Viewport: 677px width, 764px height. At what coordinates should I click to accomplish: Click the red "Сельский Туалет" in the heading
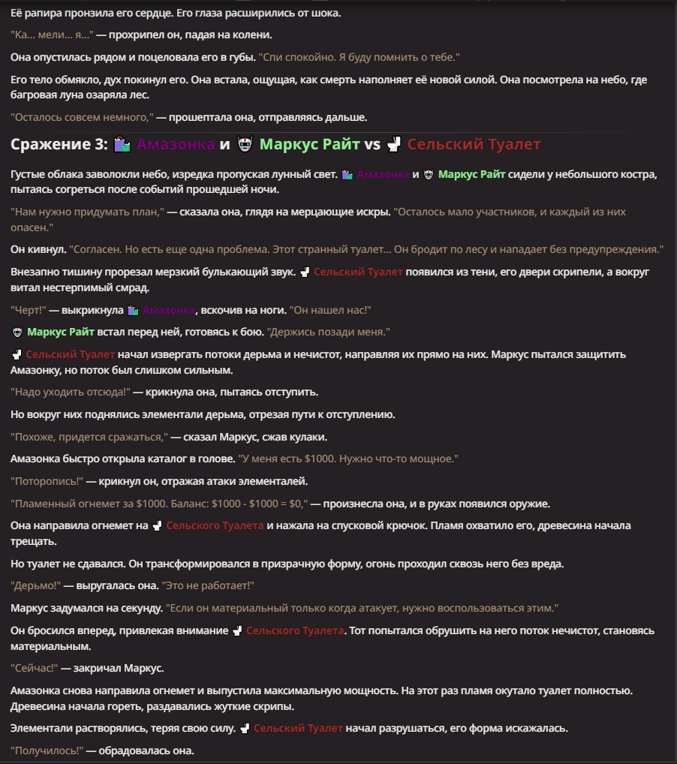474,144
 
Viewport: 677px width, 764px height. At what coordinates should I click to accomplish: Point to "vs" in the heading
372,144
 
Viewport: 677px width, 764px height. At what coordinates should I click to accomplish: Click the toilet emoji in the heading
395,144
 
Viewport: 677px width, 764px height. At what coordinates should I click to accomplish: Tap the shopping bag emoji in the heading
122,144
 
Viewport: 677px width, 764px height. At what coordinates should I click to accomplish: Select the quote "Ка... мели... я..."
52,35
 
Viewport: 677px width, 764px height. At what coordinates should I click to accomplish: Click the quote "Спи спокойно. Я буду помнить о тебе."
359,57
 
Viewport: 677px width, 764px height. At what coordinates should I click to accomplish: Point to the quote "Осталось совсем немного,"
83,117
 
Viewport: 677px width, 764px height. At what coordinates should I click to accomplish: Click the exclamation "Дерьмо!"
35,585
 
